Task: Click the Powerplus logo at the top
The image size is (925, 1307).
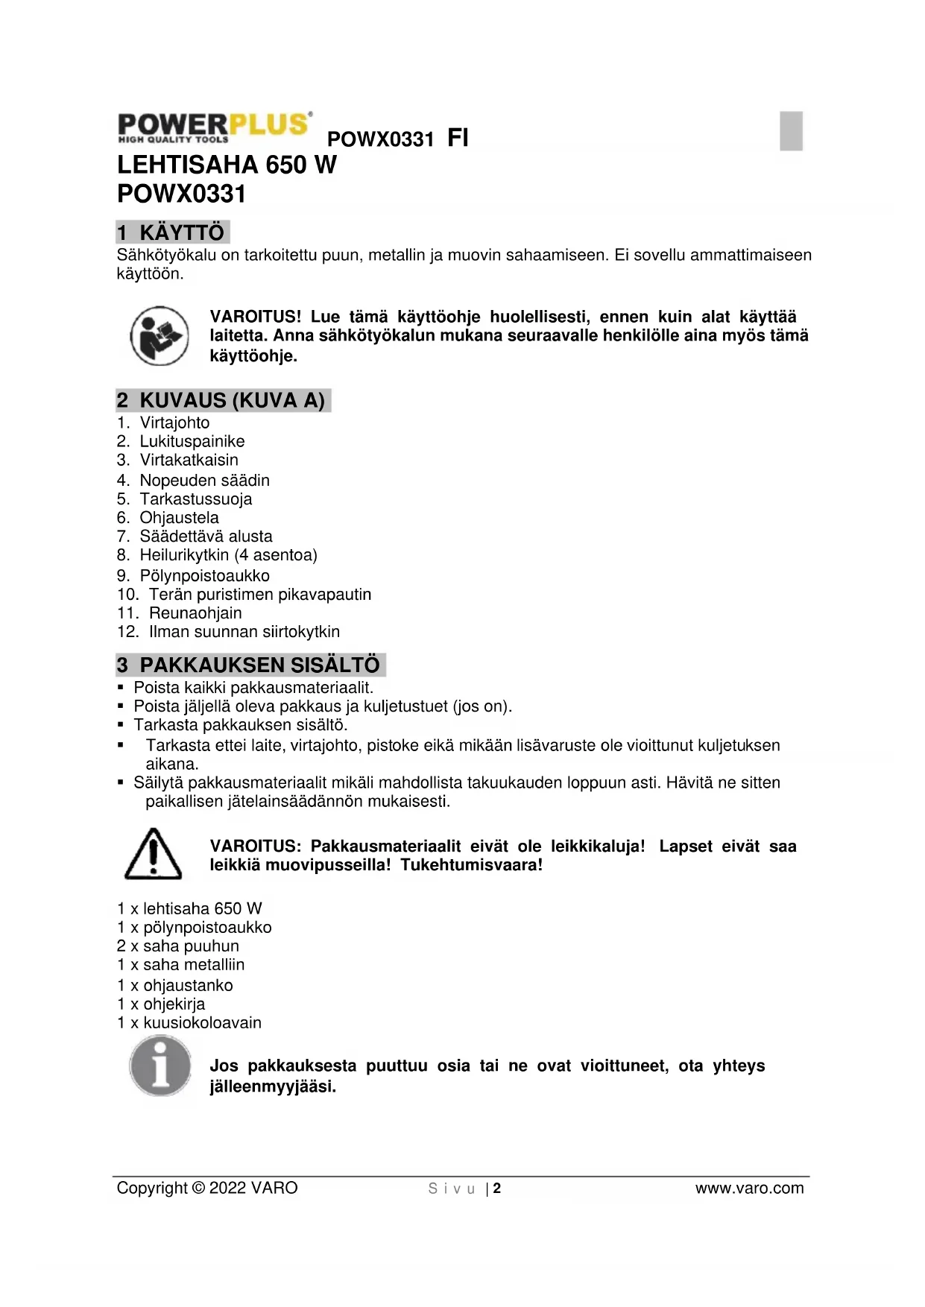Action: pyautogui.click(x=214, y=127)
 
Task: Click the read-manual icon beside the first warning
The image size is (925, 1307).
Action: pyautogui.click(x=160, y=336)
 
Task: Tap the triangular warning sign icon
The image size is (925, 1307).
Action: pyautogui.click(x=153, y=854)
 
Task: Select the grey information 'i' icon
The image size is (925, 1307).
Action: pyautogui.click(x=160, y=1066)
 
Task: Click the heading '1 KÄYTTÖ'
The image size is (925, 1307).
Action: pyautogui.click(x=173, y=232)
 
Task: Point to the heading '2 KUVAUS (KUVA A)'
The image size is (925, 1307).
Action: pyautogui.click(x=223, y=401)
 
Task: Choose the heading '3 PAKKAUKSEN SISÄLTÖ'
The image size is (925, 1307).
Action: pyautogui.click(x=250, y=665)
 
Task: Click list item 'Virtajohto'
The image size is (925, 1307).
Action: pyautogui.click(x=174, y=423)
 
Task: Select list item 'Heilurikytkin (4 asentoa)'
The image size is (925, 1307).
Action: pyautogui.click(x=228, y=555)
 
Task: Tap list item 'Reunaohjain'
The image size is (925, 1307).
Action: pyautogui.click(x=195, y=613)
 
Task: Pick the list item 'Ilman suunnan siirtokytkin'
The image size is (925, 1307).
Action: pyautogui.click(x=244, y=632)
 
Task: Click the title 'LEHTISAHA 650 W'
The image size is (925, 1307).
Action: pyautogui.click(x=227, y=165)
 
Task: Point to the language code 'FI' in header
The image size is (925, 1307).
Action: pyautogui.click(x=458, y=138)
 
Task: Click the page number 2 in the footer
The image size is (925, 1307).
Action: pyautogui.click(x=497, y=1189)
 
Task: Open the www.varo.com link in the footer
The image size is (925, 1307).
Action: pyautogui.click(x=749, y=1189)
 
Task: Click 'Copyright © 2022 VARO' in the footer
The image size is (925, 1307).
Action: pyautogui.click(x=207, y=1189)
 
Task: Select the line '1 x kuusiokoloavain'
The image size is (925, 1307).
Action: pyautogui.click(x=189, y=1023)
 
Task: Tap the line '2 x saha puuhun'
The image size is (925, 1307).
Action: pyautogui.click(x=178, y=946)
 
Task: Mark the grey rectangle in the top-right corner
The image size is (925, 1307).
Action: pyautogui.click(x=791, y=130)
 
